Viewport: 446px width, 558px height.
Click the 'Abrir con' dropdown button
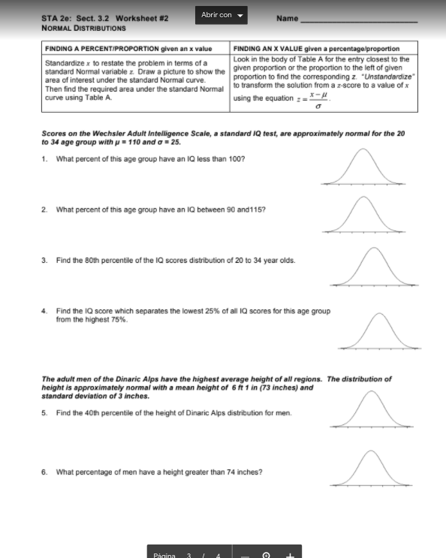tap(222, 15)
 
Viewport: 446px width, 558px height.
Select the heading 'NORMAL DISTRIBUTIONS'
tap(84, 28)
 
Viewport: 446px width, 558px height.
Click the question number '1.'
tap(45, 159)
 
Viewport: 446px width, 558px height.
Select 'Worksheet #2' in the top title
tap(143, 18)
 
